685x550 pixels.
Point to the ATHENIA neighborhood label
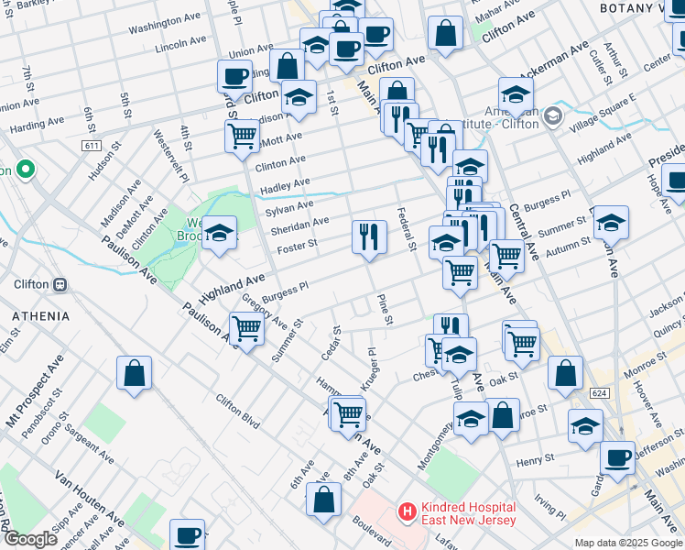click(x=40, y=316)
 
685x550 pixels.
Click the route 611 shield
click(x=91, y=146)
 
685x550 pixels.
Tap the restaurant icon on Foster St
click(x=369, y=236)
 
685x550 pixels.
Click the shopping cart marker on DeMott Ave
click(x=242, y=136)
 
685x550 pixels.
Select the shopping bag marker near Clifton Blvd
click(x=134, y=373)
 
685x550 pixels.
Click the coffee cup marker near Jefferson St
click(x=617, y=457)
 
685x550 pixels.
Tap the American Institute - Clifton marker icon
click(x=553, y=116)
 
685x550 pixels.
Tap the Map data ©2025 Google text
click(x=627, y=543)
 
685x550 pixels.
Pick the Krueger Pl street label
click(x=367, y=368)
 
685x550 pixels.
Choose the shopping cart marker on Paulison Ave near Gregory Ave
click(x=247, y=327)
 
